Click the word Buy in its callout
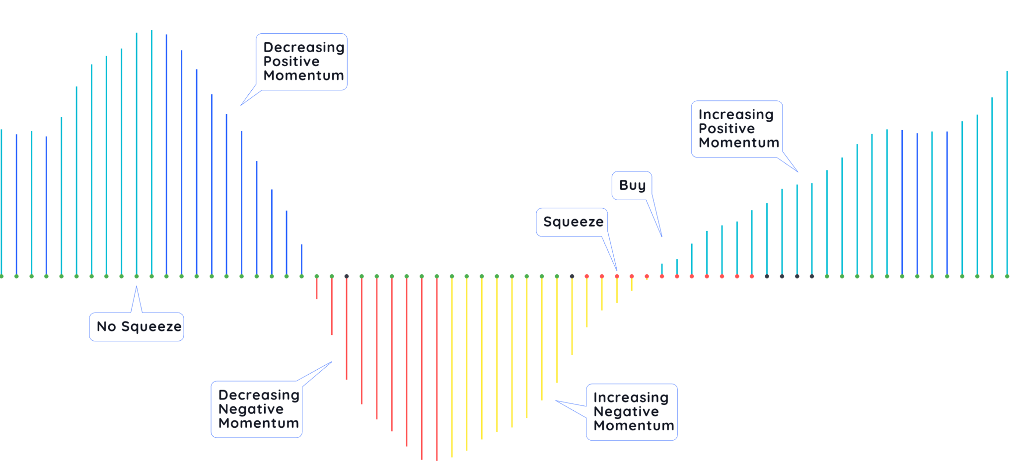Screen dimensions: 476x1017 632,185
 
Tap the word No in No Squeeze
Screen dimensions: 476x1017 106,326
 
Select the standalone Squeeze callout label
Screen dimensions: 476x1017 573,222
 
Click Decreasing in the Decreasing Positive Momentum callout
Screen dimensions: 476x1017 303,47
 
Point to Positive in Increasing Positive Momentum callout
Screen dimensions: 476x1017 726,129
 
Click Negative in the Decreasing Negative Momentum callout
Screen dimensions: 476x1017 251,409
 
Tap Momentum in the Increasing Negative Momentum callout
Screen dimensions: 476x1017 634,426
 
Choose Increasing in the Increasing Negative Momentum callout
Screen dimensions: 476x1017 631,397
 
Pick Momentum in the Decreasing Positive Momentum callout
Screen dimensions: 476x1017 303,76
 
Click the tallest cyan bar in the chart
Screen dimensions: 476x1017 151,149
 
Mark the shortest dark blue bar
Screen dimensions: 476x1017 301,259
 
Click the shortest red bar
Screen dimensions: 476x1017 317,288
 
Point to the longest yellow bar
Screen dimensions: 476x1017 451,368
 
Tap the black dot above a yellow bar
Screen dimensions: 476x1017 572,276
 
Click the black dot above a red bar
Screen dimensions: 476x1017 347,276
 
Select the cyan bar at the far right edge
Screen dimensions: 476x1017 1007,174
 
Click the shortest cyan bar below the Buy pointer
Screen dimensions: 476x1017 661,269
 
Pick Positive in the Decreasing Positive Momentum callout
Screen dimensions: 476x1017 291,62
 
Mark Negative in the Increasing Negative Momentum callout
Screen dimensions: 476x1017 626,412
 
